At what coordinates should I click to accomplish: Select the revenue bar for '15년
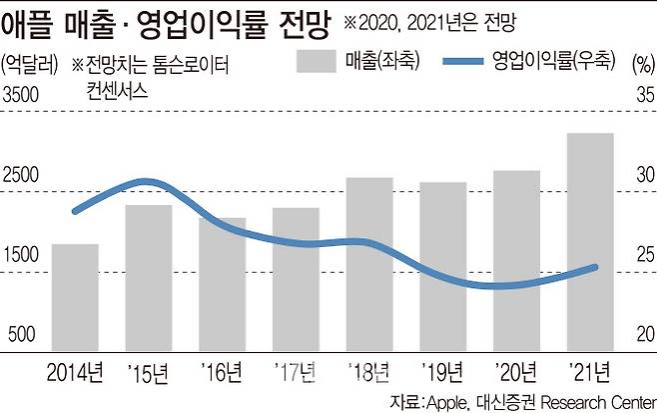149,276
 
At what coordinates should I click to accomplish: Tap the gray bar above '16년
222,283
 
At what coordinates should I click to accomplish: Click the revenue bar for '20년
515,259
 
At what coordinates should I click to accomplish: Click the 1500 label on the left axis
20,256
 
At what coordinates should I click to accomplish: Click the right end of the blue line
596,267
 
